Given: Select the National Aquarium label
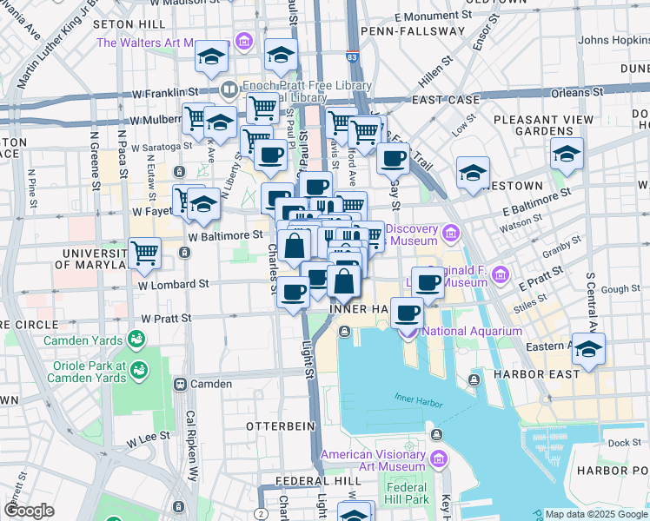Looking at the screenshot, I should pyautogui.click(x=471, y=330).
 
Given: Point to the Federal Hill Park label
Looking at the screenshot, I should pyautogui.click(x=408, y=493).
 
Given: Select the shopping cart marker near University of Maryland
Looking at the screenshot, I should pyautogui.click(x=145, y=254).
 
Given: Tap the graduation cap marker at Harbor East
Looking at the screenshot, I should pyautogui.click(x=588, y=349).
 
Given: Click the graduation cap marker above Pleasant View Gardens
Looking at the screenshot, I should pyautogui.click(x=567, y=154).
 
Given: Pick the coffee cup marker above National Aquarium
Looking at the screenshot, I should pyautogui.click(x=407, y=312).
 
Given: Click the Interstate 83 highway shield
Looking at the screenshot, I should pyautogui.click(x=350, y=56).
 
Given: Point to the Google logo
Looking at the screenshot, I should pyautogui.click(x=29, y=511).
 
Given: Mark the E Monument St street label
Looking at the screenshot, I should pyautogui.click(x=432, y=16).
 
